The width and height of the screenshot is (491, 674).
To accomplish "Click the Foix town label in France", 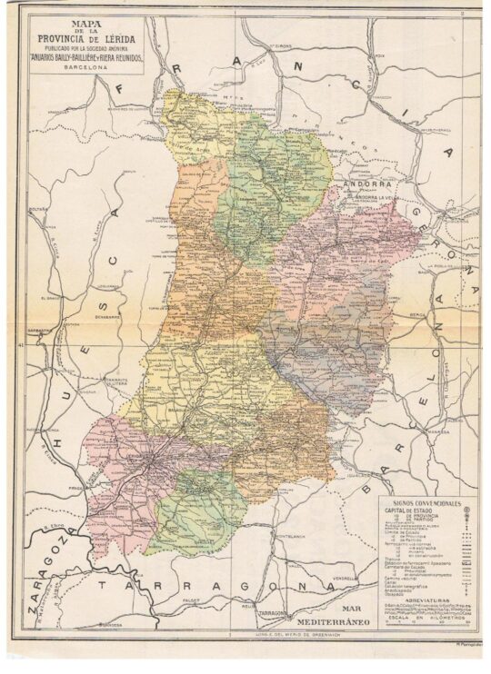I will coord(380,55).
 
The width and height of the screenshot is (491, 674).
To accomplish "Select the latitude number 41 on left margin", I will coord(21,346).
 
